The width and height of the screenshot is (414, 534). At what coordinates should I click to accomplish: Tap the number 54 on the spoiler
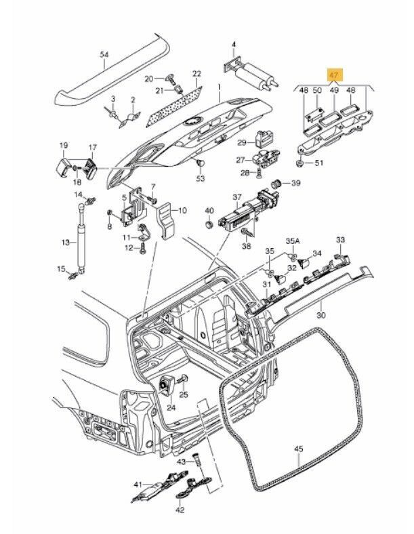[x=104, y=56]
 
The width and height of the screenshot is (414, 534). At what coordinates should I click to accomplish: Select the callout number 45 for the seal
[x=299, y=449]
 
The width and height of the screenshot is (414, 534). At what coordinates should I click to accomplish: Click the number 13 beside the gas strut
[x=65, y=242]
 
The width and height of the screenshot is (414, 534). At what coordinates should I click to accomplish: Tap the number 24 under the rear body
[x=171, y=408]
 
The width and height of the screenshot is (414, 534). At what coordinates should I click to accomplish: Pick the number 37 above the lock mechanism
[x=237, y=197]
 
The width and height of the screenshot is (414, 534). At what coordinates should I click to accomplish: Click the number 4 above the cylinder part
[x=233, y=45]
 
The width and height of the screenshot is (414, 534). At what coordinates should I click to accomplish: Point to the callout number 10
[x=182, y=211]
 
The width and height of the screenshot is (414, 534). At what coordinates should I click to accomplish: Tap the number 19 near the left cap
[x=64, y=146]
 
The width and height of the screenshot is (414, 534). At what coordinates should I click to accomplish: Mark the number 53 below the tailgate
[x=200, y=178]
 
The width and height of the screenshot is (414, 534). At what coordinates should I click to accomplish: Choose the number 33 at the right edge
[x=340, y=240]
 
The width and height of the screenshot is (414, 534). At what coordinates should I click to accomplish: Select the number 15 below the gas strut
[x=62, y=269]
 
